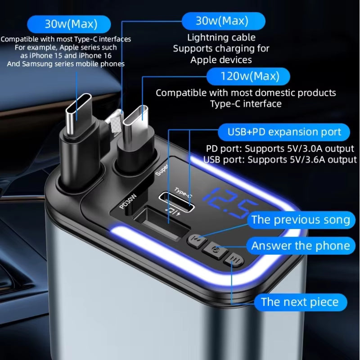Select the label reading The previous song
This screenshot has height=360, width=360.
pyautogui.click(x=301, y=220)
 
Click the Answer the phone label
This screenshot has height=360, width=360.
pyautogui.click(x=300, y=246)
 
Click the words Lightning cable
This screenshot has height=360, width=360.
pyautogui.click(x=221, y=37)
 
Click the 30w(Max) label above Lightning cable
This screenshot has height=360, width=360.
pyautogui.click(x=223, y=21)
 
